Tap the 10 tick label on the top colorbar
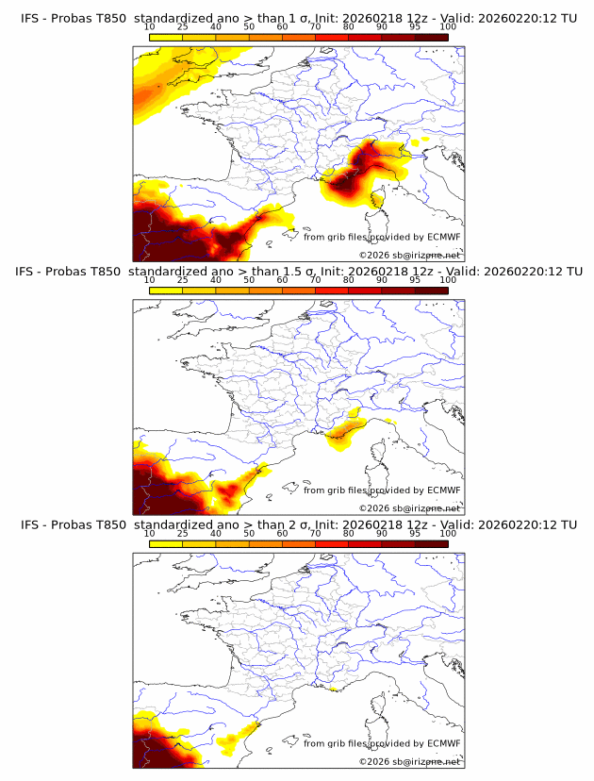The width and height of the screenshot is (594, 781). pos(150,27)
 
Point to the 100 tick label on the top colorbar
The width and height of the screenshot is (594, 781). pos(447,27)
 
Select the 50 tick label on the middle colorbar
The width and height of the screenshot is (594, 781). pos(249,280)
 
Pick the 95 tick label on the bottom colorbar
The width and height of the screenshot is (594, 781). pos(415,533)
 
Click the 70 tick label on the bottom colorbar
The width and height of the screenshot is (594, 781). pos(315,533)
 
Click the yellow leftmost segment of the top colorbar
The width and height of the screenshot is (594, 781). pos(166,37)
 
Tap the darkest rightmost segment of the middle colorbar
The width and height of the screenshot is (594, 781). pos(431,290)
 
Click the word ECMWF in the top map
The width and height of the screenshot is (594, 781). pos(444,237)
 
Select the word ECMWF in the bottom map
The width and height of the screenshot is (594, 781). pos(444,742)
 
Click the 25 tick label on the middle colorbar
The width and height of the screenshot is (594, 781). pos(183,280)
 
